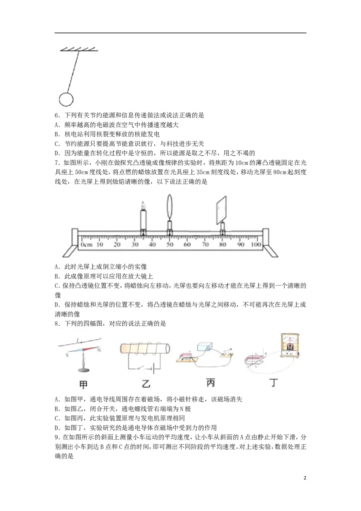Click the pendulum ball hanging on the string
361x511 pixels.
point(66,99)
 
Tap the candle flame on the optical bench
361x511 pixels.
point(143,205)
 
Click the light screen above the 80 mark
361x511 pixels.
point(222,210)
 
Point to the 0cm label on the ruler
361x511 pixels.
point(87,244)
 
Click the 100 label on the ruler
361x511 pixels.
point(256,244)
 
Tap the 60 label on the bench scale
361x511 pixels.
point(187,244)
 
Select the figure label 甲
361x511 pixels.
point(83,385)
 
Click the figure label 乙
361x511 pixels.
point(146,384)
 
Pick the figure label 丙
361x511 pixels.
point(211,383)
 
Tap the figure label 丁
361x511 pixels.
point(273,382)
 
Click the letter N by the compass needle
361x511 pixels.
point(99,350)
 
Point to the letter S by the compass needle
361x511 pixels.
point(67,355)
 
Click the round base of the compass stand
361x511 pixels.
point(83,370)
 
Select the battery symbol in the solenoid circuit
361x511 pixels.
point(152,369)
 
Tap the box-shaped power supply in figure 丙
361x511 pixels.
point(204,346)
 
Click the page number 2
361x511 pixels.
point(305,478)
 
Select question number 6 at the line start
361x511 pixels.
point(57,116)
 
